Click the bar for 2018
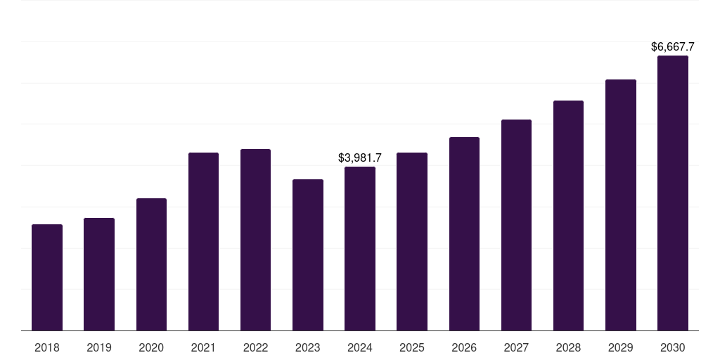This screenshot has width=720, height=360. [x=47, y=277]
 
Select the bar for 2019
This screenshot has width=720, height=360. [x=99, y=274]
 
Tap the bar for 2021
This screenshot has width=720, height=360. [x=203, y=241]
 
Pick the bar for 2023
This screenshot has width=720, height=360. [x=308, y=255]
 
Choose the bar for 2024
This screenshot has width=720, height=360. [x=360, y=248]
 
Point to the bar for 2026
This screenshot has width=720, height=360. [x=464, y=233]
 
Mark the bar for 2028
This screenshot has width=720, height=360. [x=568, y=215]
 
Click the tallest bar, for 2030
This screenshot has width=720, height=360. [x=673, y=193]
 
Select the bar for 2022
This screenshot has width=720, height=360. [x=255, y=240]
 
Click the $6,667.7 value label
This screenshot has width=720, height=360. [x=673, y=47]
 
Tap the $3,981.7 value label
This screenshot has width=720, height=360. [x=360, y=158]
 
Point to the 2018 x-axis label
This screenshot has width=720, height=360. [x=47, y=347]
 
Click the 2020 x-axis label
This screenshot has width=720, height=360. [x=151, y=347]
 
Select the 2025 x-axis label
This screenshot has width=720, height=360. [x=412, y=347]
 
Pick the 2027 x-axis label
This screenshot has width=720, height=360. [x=516, y=347]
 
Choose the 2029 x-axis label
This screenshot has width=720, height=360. [x=621, y=347]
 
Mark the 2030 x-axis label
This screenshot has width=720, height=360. [x=673, y=347]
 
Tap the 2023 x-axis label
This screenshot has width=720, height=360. [x=308, y=347]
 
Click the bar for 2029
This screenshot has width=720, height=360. [x=621, y=205]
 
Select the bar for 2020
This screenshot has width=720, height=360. [x=151, y=264]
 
